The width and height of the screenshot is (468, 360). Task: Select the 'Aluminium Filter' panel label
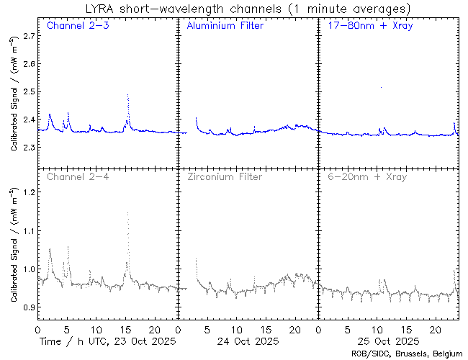click(x=225, y=26)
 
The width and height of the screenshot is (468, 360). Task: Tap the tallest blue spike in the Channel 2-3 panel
click(x=128, y=95)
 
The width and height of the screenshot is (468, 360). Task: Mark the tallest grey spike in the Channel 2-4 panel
click(x=128, y=212)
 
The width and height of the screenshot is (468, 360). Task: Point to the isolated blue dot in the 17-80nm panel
click(x=381, y=87)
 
